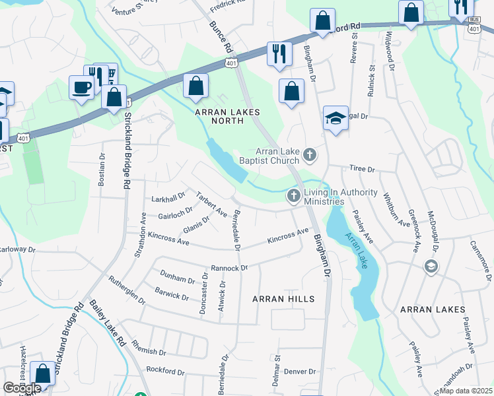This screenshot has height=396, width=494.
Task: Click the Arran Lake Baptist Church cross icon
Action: tap(309, 156)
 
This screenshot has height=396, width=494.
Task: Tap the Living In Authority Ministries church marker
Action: tap(293, 195)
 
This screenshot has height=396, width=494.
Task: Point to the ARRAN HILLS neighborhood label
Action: tap(283, 299)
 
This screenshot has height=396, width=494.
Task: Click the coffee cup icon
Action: tap(81, 88)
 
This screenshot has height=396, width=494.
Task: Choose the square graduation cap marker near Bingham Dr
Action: tap(335, 119)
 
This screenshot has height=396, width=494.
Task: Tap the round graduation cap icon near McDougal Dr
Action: tap(431, 265)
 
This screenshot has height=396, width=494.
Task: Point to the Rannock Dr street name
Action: tap(229, 268)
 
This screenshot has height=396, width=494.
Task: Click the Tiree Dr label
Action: tap(362, 170)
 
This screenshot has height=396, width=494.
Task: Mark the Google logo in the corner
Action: tap(22, 389)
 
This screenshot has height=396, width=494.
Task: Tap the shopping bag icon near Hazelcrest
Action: tap(43, 374)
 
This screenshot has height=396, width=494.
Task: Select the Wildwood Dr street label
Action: tap(390, 51)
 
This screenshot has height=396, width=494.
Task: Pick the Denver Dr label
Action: tap(301, 372)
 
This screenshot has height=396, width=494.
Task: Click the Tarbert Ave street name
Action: tap(211, 205)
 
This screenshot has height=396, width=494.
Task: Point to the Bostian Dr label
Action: tap(102, 170)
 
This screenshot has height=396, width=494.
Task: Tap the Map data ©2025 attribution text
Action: tap(465, 391)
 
